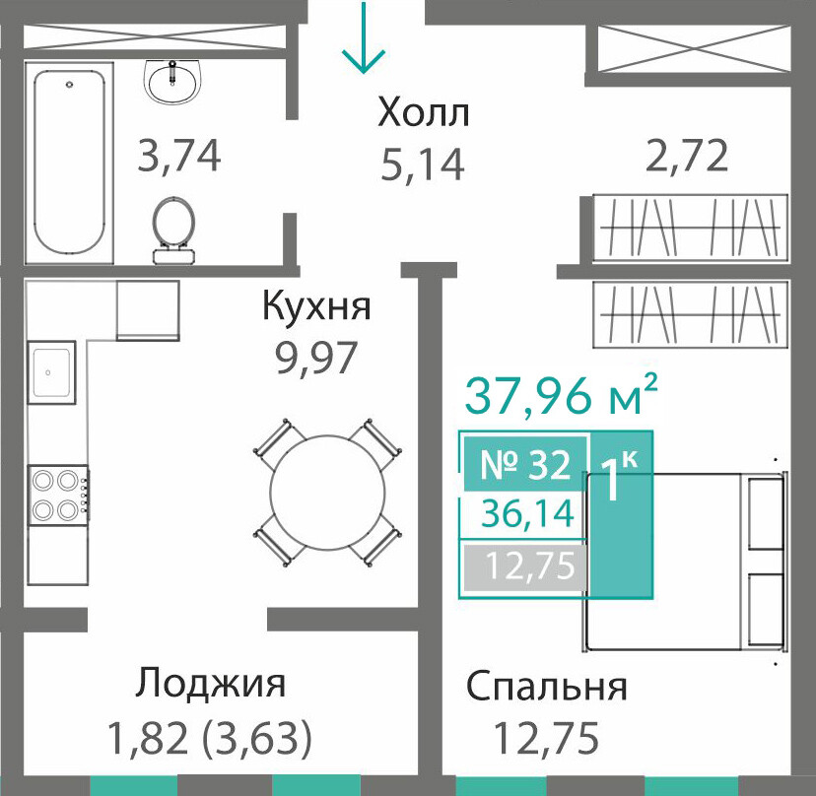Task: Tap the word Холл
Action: coord(424,113)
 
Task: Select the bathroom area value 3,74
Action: coord(179,156)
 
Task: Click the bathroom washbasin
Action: coord(171,81)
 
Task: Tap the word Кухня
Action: coord(316,306)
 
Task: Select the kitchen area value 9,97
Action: coord(316,358)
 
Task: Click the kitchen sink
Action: coord(51,372)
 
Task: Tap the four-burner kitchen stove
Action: coord(58,495)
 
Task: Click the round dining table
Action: coord(328,492)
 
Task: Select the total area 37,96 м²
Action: coord(561,395)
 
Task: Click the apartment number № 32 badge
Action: coord(525,464)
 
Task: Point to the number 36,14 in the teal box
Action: coord(527,514)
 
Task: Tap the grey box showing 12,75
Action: coord(525,567)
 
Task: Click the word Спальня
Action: coord(546,688)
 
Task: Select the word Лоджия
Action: coord(211,684)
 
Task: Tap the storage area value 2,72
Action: coord(687,156)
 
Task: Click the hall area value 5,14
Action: coord(422,165)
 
